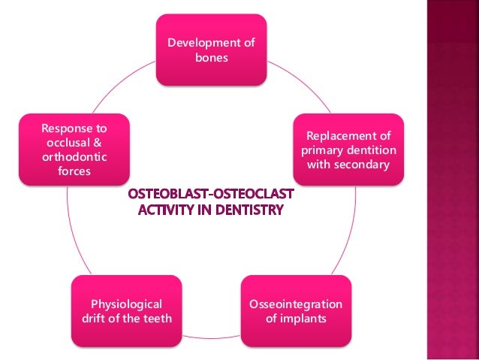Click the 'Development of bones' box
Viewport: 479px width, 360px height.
click(x=211, y=50)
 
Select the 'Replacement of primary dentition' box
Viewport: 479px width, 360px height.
click(x=348, y=149)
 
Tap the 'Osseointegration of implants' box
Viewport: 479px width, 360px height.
click(x=295, y=311)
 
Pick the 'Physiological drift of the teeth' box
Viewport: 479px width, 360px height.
click(x=126, y=311)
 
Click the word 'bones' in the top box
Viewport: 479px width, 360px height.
click(x=211, y=57)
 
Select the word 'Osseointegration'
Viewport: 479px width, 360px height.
click(x=295, y=304)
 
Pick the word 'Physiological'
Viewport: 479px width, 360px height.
click(x=126, y=304)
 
